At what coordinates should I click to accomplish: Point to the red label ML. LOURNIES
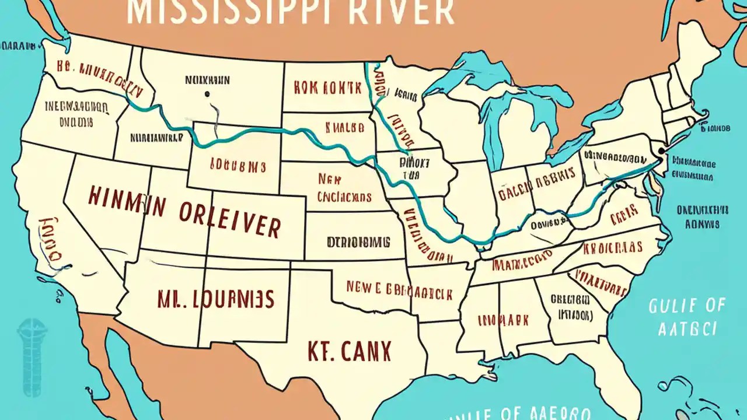[x=215, y=299]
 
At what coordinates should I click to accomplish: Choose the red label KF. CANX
[x=349, y=351]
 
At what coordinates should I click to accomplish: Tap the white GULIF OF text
[x=687, y=305]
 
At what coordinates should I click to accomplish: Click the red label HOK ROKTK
[x=327, y=88]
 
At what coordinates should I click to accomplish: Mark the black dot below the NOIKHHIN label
[x=207, y=93]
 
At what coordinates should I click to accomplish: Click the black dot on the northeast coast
[x=660, y=150]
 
